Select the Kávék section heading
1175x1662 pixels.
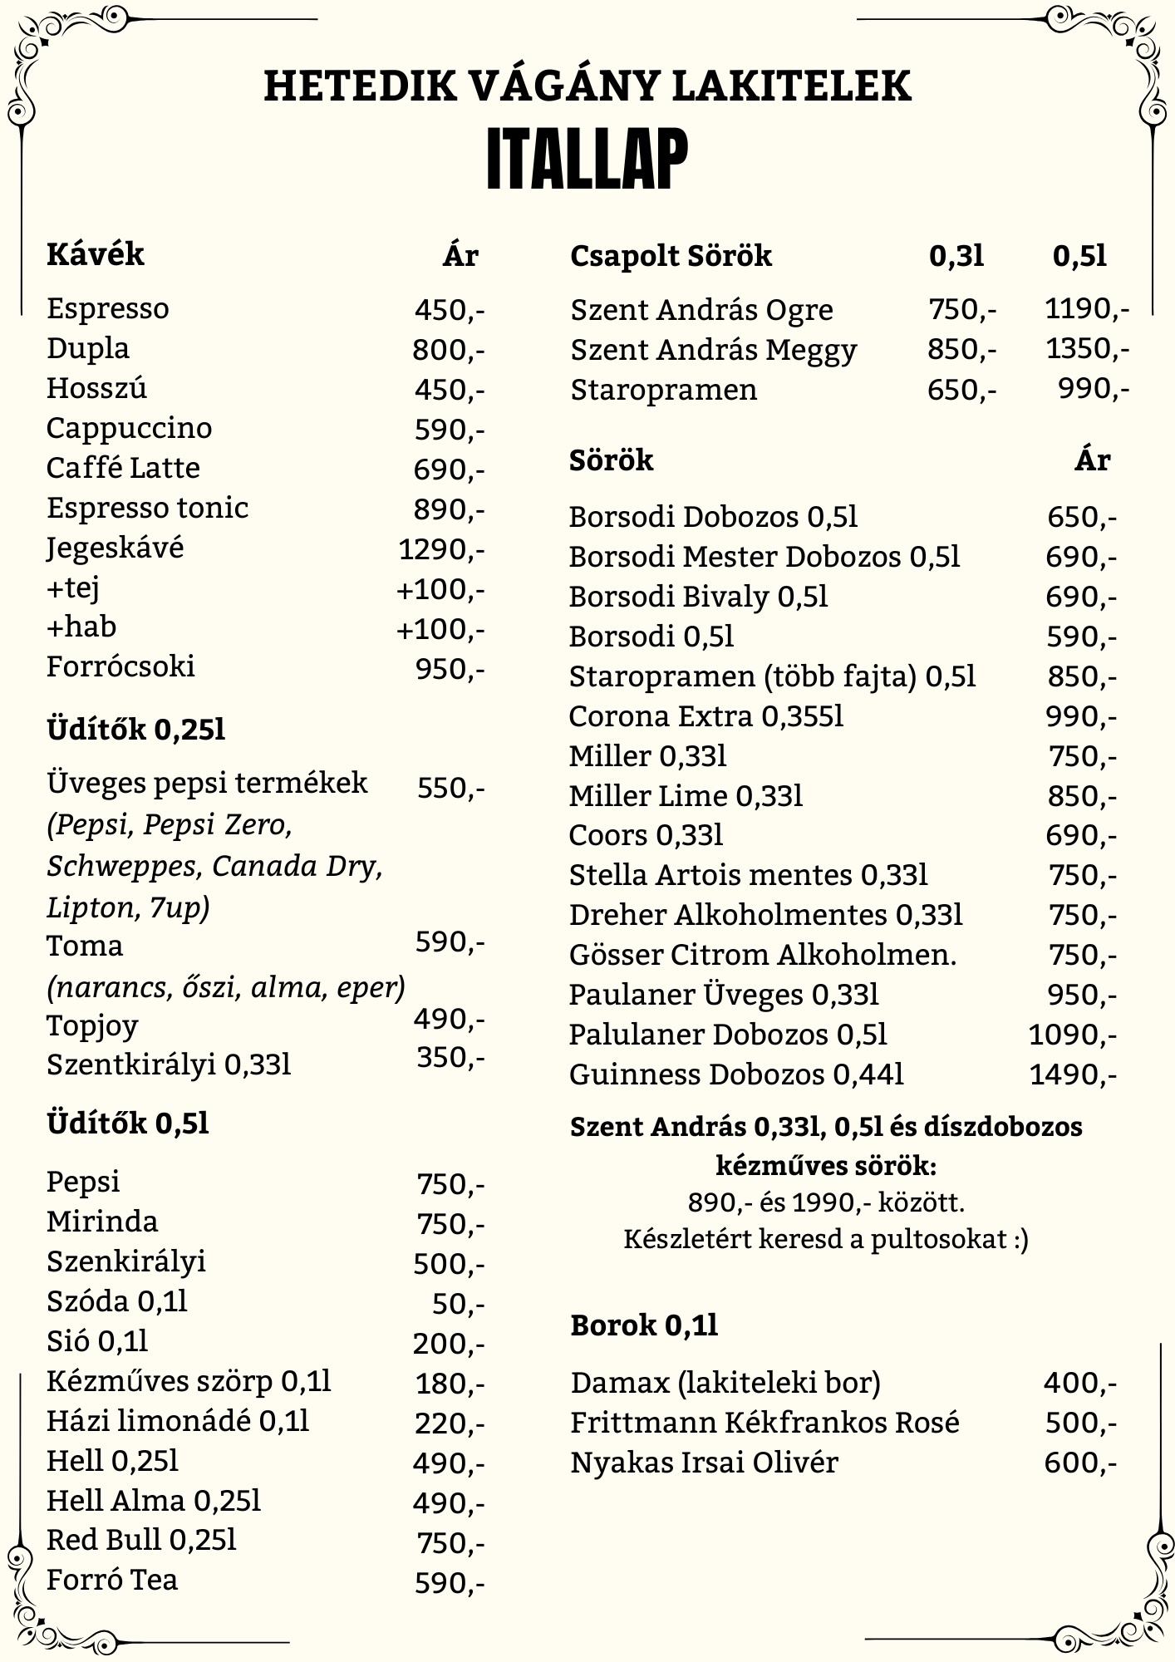click(96, 254)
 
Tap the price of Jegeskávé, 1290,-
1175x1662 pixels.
click(440, 549)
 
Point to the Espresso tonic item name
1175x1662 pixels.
click(147, 508)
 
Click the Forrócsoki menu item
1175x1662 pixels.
click(120, 666)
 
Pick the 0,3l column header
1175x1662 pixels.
click(956, 256)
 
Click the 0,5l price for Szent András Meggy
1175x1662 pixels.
click(1087, 349)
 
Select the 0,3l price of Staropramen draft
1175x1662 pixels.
click(961, 389)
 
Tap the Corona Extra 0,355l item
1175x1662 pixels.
click(705, 716)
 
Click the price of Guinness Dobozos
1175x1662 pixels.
click(1073, 1075)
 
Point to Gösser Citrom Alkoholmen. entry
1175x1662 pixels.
click(762, 955)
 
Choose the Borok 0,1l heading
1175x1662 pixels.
click(644, 1325)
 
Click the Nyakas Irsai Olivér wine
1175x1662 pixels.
click(704, 1463)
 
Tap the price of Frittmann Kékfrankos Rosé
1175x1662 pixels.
click(1079, 1423)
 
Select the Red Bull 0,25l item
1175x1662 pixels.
click(141, 1540)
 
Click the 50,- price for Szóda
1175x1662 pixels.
click(458, 1305)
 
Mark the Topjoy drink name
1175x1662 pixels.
click(92, 1025)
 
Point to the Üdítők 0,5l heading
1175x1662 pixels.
click(127, 1124)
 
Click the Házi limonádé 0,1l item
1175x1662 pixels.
click(177, 1421)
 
